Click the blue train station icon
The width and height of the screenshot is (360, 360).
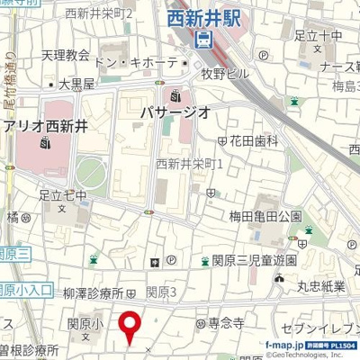pyautogui.click(x=203, y=38)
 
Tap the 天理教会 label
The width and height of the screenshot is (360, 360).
pyautogui.click(x=65, y=55)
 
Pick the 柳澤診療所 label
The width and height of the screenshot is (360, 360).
pyautogui.click(x=94, y=292)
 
